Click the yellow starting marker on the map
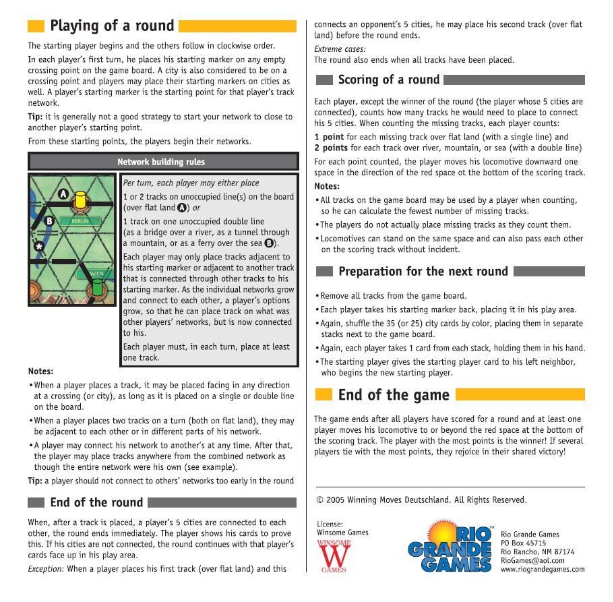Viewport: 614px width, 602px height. click(x=80, y=200)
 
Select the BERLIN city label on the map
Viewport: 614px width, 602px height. click(x=80, y=221)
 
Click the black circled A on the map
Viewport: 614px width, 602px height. click(x=63, y=193)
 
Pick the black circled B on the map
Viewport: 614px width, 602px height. click(x=49, y=220)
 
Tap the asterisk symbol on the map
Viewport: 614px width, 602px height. click(x=39, y=247)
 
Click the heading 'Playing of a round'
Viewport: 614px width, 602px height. click(x=112, y=26)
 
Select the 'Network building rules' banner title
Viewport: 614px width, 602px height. click(x=161, y=162)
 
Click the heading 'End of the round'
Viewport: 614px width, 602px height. click(x=96, y=502)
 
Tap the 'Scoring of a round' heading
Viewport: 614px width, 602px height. click(x=389, y=80)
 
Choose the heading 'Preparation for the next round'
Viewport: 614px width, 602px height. click(x=423, y=272)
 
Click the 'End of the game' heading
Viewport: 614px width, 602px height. click(x=394, y=394)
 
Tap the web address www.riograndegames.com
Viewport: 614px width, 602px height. click(x=543, y=569)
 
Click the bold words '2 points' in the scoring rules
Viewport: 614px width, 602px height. click(x=331, y=148)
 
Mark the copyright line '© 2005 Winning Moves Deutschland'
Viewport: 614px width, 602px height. click(x=421, y=500)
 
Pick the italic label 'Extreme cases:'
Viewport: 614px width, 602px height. click(x=340, y=49)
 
